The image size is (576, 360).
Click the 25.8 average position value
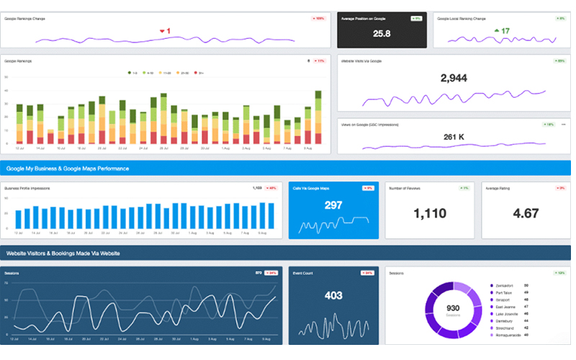pyautogui.click(x=382, y=33)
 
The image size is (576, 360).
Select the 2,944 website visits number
pyautogui.click(x=454, y=77)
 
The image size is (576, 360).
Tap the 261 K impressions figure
pyautogui.click(x=454, y=137)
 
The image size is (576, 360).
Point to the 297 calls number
pyautogui.click(x=333, y=205)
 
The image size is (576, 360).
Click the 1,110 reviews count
pyautogui.click(x=430, y=213)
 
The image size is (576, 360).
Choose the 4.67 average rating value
pyautogui.click(x=526, y=213)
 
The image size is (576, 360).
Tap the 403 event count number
pyautogui.click(x=333, y=295)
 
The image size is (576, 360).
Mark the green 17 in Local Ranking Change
pyautogui.click(x=505, y=31)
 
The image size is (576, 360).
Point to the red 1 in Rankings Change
pyautogui.click(x=168, y=31)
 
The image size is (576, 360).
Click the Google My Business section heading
pyautogui.click(x=68, y=168)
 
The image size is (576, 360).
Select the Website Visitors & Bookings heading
pyautogui.click(x=63, y=253)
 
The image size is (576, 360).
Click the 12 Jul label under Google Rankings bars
pyautogui.click(x=19, y=148)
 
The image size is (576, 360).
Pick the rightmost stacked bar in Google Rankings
pyautogui.click(x=318, y=118)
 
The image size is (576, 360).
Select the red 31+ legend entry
pyautogui.click(x=199, y=73)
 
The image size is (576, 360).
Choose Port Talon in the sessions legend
pyautogui.click(x=504, y=292)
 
